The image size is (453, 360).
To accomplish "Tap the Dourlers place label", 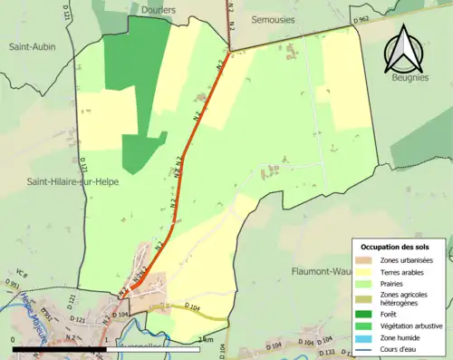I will click(159, 10).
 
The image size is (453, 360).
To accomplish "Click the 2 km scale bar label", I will click(208, 340).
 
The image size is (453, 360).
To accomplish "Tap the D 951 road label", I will click(11, 287).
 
